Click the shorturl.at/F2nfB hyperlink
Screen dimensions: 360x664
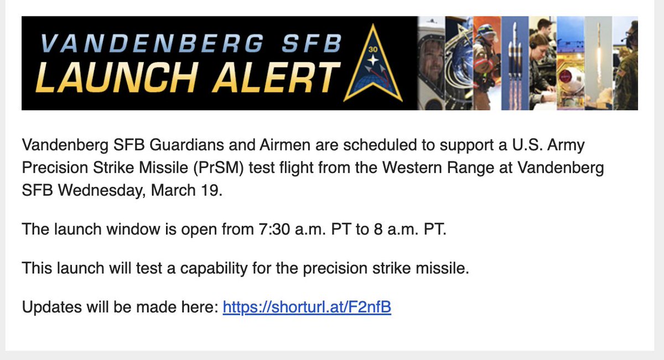[307, 307]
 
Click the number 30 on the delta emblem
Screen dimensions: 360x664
[372, 49]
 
